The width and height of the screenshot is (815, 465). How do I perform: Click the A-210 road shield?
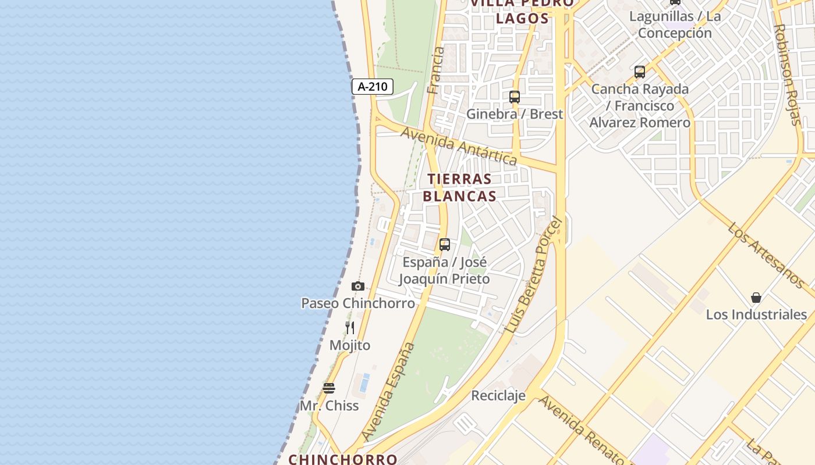click(373, 87)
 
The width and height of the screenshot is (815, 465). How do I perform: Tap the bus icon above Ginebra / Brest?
click(515, 97)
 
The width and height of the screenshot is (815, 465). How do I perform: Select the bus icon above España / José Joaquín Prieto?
click(445, 245)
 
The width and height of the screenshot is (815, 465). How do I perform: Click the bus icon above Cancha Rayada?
click(640, 72)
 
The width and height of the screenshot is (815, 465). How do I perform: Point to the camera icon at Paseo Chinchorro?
click(358, 286)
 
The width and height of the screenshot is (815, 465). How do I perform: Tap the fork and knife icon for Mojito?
click(350, 328)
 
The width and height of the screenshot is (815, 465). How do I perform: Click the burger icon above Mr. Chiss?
click(329, 388)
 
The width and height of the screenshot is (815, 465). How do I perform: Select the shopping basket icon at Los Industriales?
click(756, 298)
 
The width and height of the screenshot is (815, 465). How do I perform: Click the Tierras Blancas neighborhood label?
click(459, 187)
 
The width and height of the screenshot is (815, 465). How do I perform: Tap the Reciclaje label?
click(498, 396)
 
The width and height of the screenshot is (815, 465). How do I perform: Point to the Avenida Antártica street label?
click(459, 146)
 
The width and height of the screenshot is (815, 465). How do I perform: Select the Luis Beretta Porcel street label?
click(534, 275)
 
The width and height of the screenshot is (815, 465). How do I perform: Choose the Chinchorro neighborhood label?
click(343, 459)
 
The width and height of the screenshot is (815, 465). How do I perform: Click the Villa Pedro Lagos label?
click(522, 12)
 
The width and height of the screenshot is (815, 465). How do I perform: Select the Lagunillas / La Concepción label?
click(675, 24)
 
